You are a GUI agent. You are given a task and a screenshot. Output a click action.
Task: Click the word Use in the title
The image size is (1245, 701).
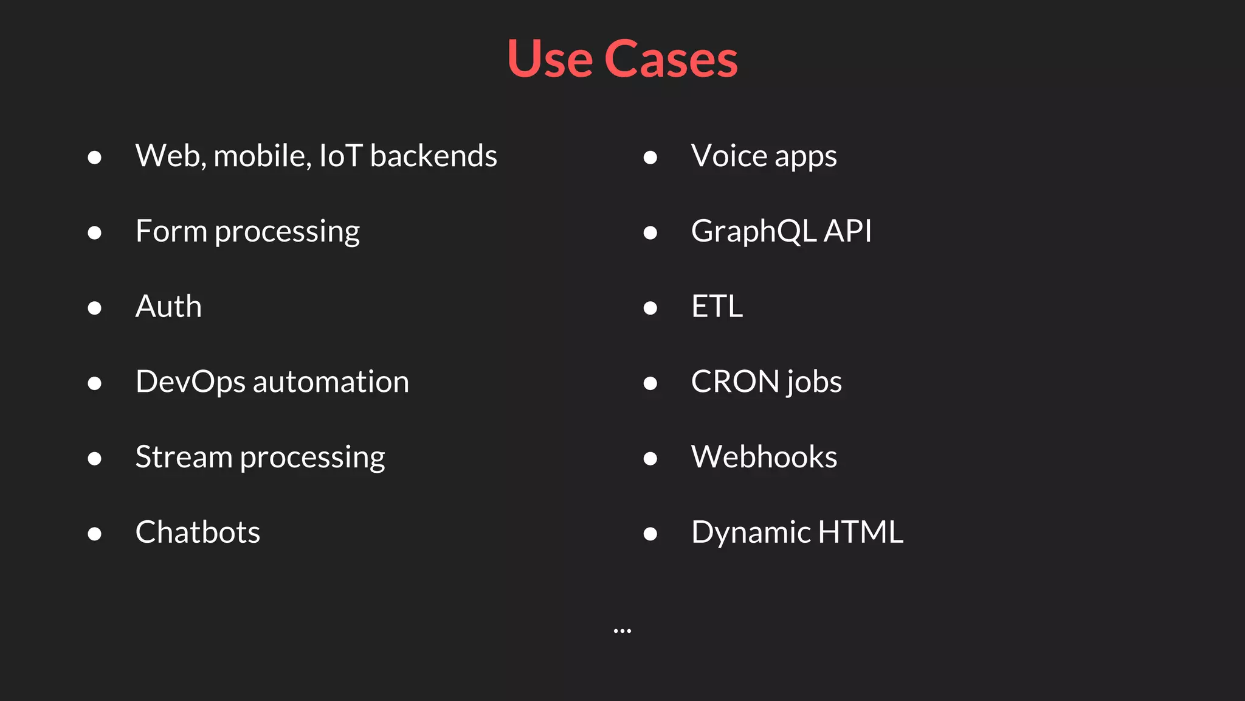click(x=550, y=59)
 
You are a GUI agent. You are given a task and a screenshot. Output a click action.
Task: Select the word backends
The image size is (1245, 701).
click(x=433, y=156)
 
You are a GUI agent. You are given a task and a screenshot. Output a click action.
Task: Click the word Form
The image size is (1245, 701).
click(x=171, y=231)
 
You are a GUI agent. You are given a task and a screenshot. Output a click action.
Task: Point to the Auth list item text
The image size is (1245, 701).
click(x=168, y=306)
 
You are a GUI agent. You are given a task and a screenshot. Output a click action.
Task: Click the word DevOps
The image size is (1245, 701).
click(x=190, y=382)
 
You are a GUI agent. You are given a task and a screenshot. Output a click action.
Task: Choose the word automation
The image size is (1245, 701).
click(x=331, y=382)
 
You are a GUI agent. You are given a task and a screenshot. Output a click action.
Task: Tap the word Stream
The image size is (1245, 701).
click(x=184, y=457)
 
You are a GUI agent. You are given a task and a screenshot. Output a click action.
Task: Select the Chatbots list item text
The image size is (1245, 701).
click(x=198, y=532)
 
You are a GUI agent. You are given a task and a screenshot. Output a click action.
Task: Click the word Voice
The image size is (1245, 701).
click(x=729, y=156)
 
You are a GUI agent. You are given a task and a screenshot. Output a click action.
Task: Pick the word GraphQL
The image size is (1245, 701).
click(x=753, y=231)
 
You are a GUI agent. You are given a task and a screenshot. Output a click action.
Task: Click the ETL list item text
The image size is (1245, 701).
click(x=717, y=306)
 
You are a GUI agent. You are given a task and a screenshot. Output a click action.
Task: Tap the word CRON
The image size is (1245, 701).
click(x=735, y=382)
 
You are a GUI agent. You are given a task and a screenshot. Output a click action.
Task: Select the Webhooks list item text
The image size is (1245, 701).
click(x=764, y=457)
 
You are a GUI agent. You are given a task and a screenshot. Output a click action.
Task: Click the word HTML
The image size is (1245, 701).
click(x=860, y=532)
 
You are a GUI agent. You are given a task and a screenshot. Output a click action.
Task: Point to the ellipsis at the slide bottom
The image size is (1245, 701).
click(x=622, y=631)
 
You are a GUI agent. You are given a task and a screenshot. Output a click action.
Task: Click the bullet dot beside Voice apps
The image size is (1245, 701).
click(x=650, y=158)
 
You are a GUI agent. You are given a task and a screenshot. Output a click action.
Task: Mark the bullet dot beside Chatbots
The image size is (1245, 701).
click(x=94, y=534)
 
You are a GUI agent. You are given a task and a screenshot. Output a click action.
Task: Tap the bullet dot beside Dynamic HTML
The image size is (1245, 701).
click(x=650, y=534)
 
